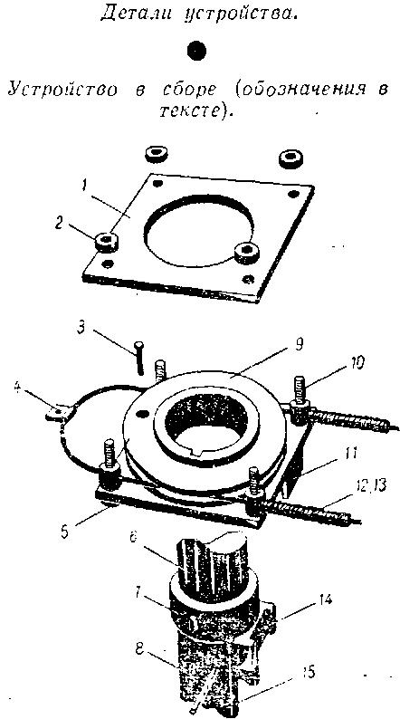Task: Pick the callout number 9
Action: coord(299,344)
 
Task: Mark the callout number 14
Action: coord(324,599)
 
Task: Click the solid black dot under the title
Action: coord(197,51)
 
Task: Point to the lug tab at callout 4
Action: coord(57,411)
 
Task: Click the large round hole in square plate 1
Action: coord(199,231)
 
